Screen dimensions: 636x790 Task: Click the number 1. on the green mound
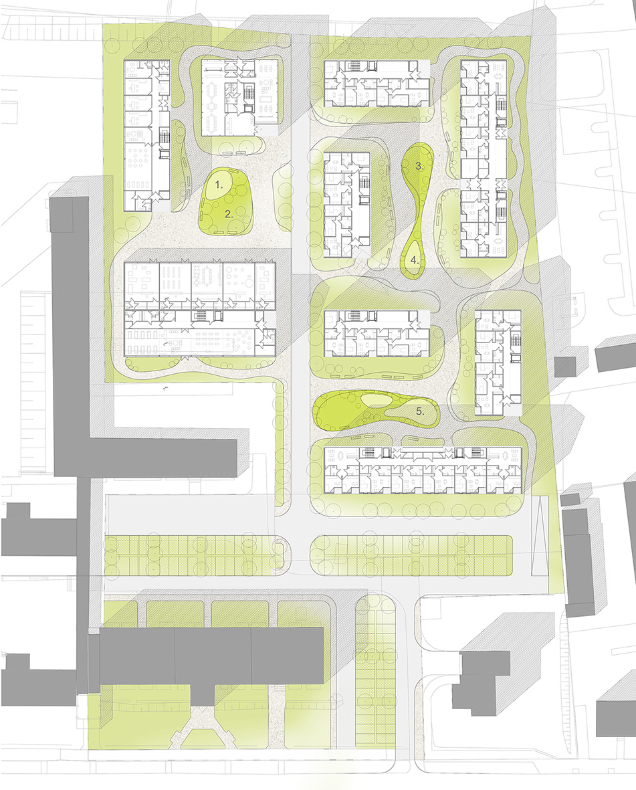click(218, 185)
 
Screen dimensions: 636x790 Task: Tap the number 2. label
click(229, 213)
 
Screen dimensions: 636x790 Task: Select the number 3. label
click(419, 166)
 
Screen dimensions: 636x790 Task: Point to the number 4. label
click(415, 260)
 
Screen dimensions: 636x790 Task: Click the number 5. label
click(420, 411)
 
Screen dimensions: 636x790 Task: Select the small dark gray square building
click(565, 367)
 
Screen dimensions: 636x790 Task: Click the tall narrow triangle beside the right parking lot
click(539, 535)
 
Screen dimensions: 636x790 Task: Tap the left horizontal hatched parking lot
click(194, 556)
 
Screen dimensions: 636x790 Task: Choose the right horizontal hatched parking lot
click(411, 555)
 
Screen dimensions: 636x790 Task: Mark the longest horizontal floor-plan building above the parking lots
click(423, 470)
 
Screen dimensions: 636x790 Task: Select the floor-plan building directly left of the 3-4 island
click(346, 205)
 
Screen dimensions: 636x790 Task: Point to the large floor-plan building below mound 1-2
click(200, 309)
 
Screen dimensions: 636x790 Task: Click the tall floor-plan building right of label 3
click(484, 159)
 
